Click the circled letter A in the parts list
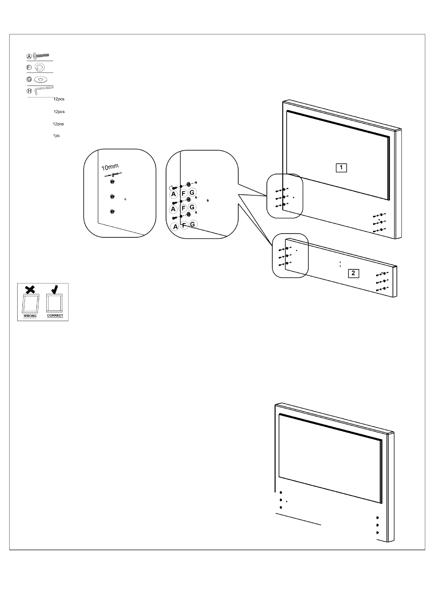tap(29, 56)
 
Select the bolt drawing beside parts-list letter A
tap(41, 56)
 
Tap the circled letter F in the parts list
tap(29, 67)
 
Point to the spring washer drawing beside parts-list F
tap(40, 67)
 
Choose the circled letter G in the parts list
tap(29, 79)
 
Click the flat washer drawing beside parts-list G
tap(41, 79)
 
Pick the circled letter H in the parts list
tap(29, 91)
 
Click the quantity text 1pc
tap(56, 136)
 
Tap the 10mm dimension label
tap(110, 167)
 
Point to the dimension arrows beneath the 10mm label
tap(113, 175)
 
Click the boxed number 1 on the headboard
tap(341, 168)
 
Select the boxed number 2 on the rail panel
tap(353, 273)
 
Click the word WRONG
tap(30, 316)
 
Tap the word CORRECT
tap(55, 316)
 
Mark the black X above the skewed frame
tap(30, 290)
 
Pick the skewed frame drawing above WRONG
tap(30, 303)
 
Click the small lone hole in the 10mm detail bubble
tap(125, 199)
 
